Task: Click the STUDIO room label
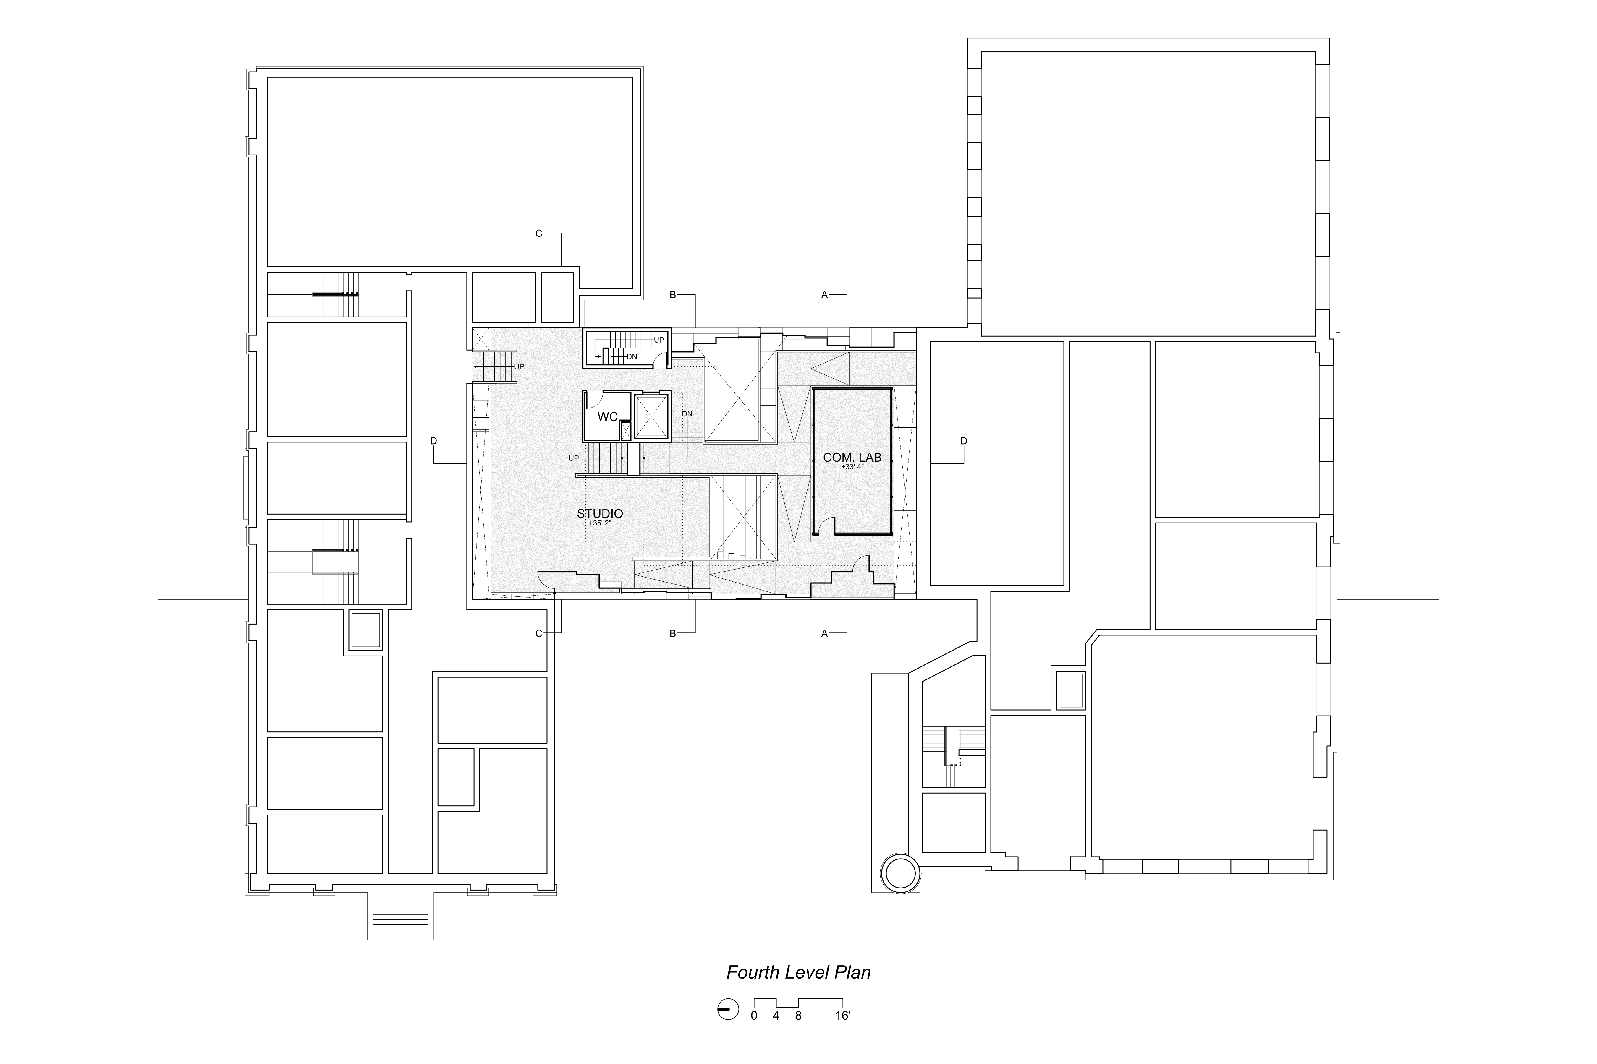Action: pyautogui.click(x=600, y=514)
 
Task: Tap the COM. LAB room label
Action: pyautogui.click(x=852, y=457)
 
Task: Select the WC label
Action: pyautogui.click(x=607, y=417)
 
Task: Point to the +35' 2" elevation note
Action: pyautogui.click(x=600, y=523)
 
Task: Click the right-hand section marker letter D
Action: pyautogui.click(x=964, y=441)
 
